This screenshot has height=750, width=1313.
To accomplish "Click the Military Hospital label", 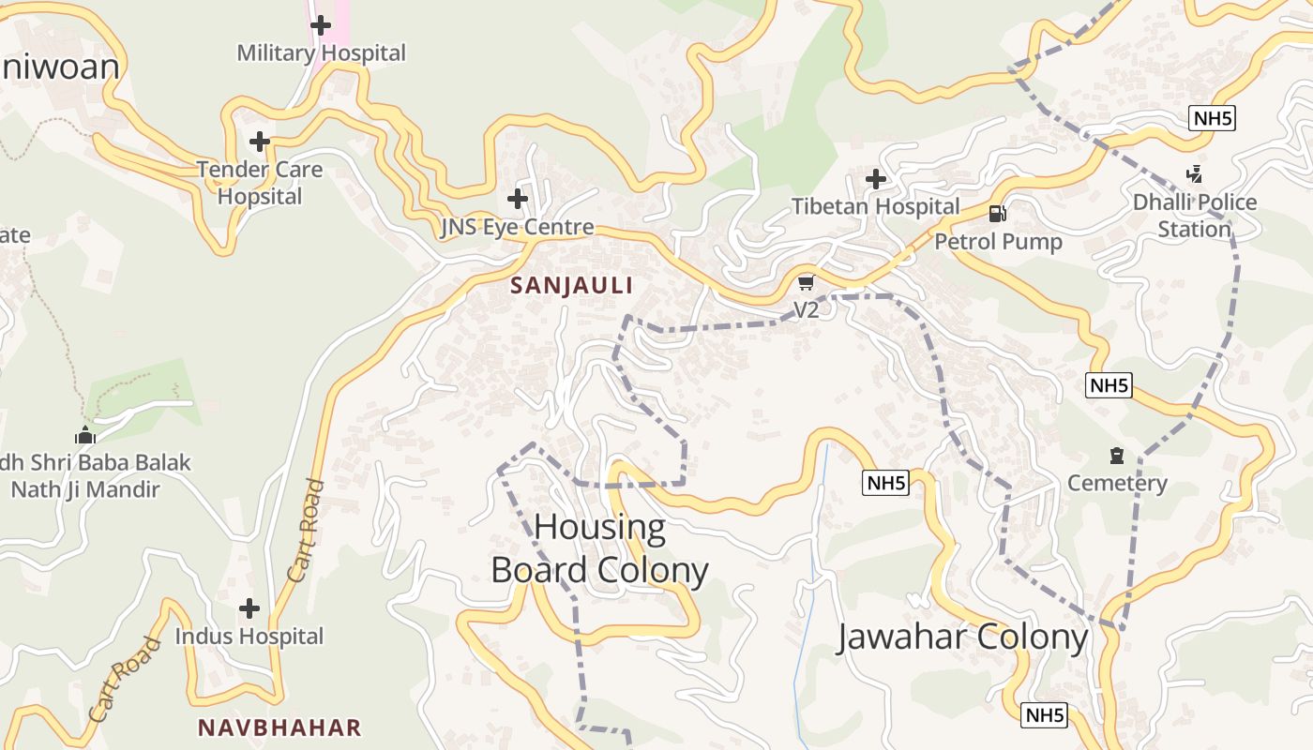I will pos(321,52).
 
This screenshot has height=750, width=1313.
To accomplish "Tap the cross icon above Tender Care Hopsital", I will pos(260,142).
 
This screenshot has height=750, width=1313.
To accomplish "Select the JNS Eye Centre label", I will pos(517,227).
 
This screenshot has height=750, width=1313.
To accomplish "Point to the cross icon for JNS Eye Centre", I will pos(517,199).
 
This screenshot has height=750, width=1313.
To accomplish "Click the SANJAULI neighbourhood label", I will pos(572,286).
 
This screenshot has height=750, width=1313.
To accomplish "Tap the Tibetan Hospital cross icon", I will pos(876,178).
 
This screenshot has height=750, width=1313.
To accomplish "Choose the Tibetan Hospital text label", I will pos(876,206).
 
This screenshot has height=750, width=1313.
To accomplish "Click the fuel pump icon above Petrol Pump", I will pos(998,214).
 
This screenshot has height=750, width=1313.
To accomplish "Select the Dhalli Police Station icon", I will pos(1194,173).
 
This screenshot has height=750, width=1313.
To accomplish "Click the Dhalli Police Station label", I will pos(1194,216).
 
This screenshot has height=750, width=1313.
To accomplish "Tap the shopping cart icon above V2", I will pos(806,282).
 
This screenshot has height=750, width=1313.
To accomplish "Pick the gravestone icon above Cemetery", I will pos(1116,456).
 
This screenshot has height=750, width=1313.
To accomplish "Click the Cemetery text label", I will pos(1117,484).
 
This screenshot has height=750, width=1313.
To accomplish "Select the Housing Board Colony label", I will pos(600,549).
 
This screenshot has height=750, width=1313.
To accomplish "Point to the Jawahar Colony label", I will pos(962,637).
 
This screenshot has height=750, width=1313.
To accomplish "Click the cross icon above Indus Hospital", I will pos(249,608).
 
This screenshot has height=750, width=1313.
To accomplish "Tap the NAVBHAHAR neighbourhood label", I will pos(279,727).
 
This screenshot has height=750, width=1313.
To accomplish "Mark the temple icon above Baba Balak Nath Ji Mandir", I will pos(85,435).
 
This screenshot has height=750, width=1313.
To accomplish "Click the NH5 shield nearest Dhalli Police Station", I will pos(1213,118).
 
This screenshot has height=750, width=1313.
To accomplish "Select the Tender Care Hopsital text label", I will pos(260,183).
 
